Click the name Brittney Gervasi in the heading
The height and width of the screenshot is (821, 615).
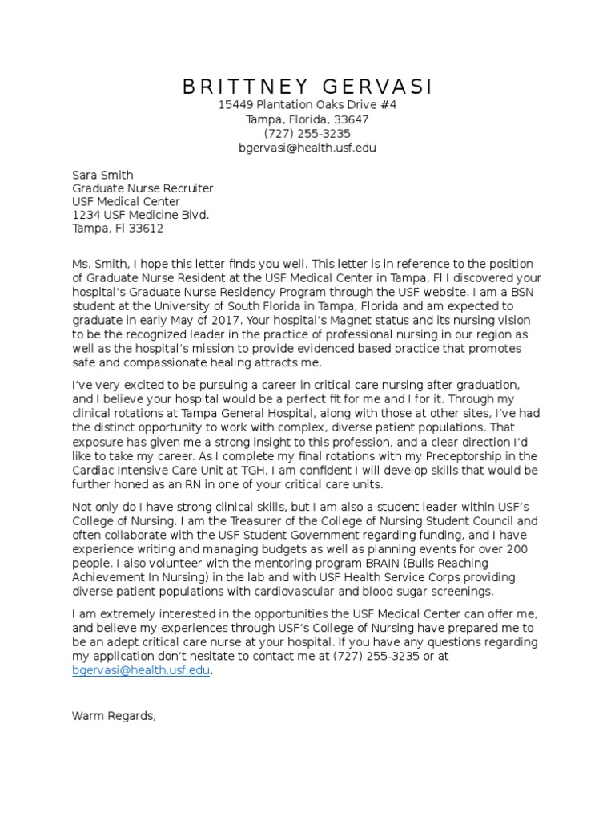click(x=307, y=87)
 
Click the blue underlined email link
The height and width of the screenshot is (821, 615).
click(x=142, y=672)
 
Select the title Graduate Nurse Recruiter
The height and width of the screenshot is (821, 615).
click(x=143, y=189)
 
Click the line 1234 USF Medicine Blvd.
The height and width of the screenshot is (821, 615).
click(x=141, y=215)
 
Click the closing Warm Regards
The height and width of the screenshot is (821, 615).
click(x=114, y=715)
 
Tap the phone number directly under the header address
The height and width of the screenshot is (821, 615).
click(x=307, y=134)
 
